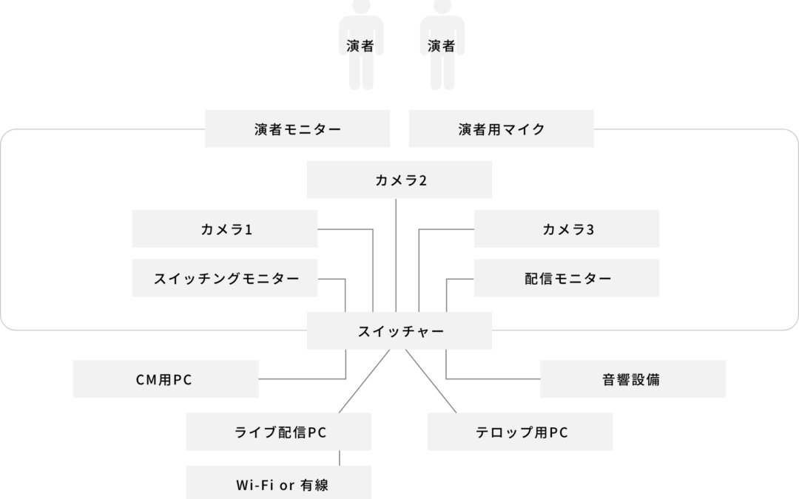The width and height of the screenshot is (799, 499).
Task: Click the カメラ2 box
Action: (399, 180)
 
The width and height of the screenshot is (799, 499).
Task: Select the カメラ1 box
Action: (225, 229)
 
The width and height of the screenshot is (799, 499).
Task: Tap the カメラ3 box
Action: (567, 229)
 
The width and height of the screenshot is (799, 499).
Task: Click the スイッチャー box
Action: (399, 331)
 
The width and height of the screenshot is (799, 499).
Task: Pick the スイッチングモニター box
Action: (225, 278)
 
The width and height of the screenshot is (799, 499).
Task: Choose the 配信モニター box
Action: (567, 278)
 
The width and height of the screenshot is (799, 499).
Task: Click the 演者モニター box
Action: (297, 129)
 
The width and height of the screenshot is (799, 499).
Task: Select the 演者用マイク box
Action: (502, 129)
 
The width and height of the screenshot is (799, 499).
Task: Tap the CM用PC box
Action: (166, 379)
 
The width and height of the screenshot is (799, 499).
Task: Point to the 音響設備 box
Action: (633, 379)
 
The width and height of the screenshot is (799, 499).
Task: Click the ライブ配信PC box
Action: (278, 432)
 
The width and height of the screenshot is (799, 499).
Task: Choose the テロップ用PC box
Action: (520, 432)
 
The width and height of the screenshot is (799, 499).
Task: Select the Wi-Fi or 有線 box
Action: (278, 484)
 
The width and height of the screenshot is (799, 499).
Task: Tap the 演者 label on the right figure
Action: (442, 46)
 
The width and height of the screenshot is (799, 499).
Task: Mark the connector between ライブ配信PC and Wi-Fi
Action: (340, 458)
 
